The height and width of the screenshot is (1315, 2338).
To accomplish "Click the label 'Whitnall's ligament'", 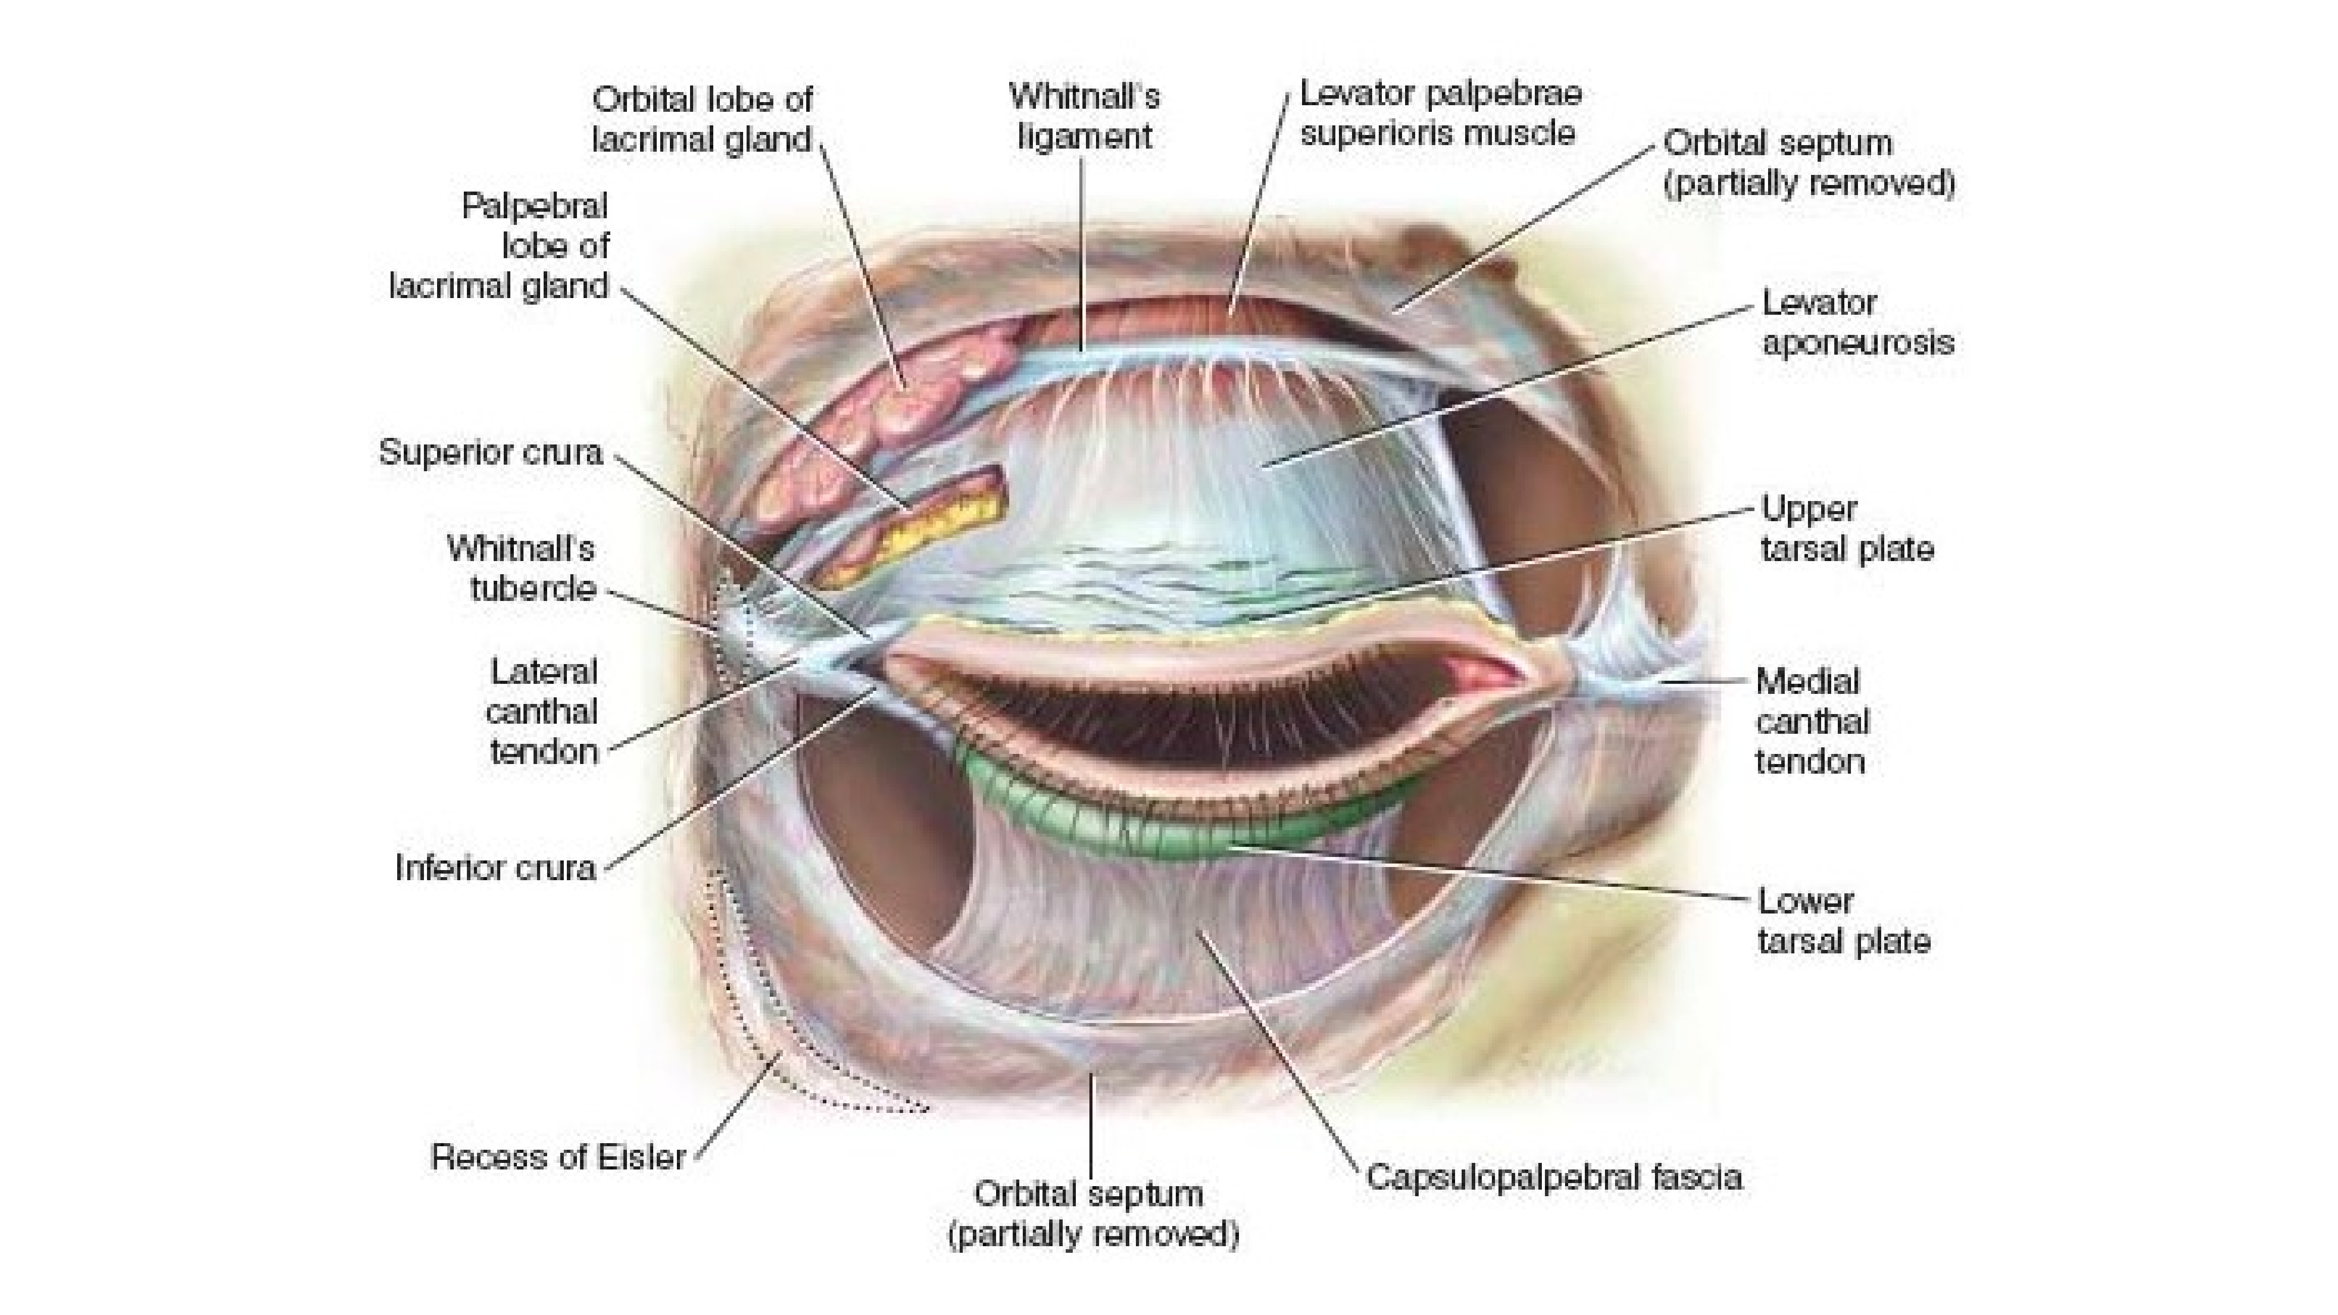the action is coord(1085,116).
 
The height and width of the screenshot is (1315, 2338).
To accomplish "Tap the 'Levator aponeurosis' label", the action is coord(1857,322).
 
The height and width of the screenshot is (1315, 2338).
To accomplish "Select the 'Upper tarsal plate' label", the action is coord(1847,528).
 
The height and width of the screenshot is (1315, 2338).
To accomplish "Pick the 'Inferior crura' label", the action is coord(495,867).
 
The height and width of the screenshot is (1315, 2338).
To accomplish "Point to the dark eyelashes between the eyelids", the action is coord(1180,717).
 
